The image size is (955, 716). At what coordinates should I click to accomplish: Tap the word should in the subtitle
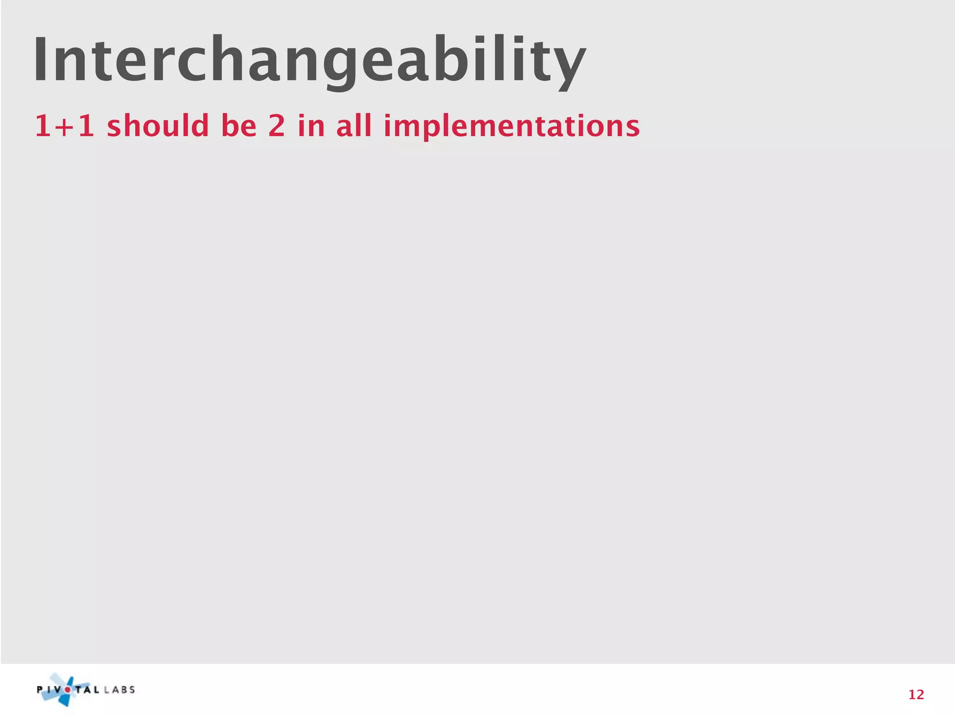click(158, 126)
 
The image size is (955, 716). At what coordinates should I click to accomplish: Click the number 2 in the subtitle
click(277, 126)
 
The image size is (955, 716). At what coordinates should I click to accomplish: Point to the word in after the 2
click(311, 126)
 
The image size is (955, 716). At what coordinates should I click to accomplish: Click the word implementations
click(512, 127)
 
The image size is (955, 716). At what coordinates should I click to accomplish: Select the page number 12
click(916, 695)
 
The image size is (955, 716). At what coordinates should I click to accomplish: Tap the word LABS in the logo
click(120, 690)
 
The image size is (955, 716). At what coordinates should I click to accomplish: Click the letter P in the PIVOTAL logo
click(40, 690)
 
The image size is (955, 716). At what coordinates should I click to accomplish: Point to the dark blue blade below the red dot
click(65, 700)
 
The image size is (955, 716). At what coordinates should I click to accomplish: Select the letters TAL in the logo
click(87, 690)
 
